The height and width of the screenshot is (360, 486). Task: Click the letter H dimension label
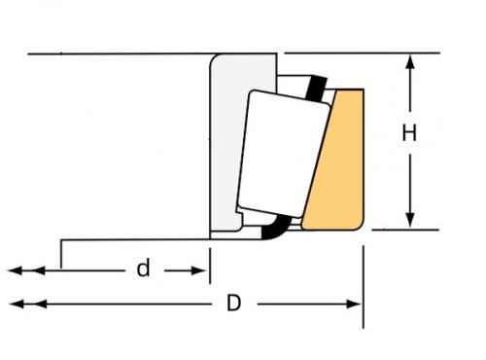(x=409, y=134)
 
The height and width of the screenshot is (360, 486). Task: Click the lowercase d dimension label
(x=143, y=269)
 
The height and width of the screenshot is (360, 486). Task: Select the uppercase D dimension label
(x=233, y=304)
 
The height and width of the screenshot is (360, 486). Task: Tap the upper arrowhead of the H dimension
(x=410, y=61)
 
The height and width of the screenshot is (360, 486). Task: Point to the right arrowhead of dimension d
(x=202, y=269)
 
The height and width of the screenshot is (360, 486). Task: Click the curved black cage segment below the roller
(x=278, y=230)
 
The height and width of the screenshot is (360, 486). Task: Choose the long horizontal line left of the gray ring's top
(x=117, y=54)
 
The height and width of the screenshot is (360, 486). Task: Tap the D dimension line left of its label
(x=117, y=304)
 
